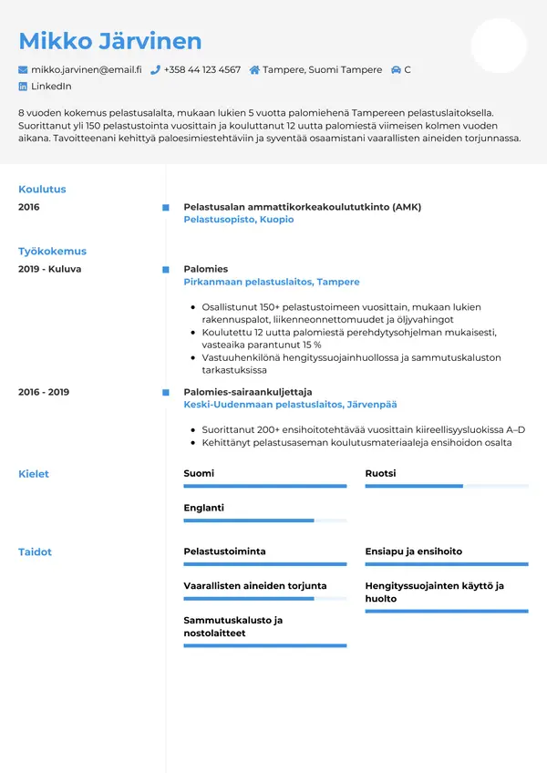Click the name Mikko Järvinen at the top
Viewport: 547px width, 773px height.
(109, 41)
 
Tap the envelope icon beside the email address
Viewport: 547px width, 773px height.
(23, 70)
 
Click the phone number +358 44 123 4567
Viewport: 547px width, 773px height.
(202, 70)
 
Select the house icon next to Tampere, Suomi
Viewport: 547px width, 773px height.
(254, 70)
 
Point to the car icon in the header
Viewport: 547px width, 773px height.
(396, 70)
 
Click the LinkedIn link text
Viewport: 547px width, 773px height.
(51, 87)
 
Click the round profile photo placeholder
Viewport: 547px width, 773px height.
(499, 46)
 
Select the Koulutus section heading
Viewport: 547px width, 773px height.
(42, 190)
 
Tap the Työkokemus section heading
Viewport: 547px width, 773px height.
(52, 252)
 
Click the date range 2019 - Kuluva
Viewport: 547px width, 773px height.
(50, 270)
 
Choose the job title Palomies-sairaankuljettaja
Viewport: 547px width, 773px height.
(235, 392)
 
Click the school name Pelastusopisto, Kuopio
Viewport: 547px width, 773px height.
(239, 220)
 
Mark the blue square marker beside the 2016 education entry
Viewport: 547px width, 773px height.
(165, 208)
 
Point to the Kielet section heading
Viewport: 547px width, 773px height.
(34, 474)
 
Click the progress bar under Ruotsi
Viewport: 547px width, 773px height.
(447, 487)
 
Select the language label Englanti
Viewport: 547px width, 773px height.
(203, 508)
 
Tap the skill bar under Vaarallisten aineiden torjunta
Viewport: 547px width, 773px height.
(265, 599)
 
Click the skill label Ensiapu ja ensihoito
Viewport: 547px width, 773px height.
(414, 551)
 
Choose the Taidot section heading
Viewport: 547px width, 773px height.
(36, 552)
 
